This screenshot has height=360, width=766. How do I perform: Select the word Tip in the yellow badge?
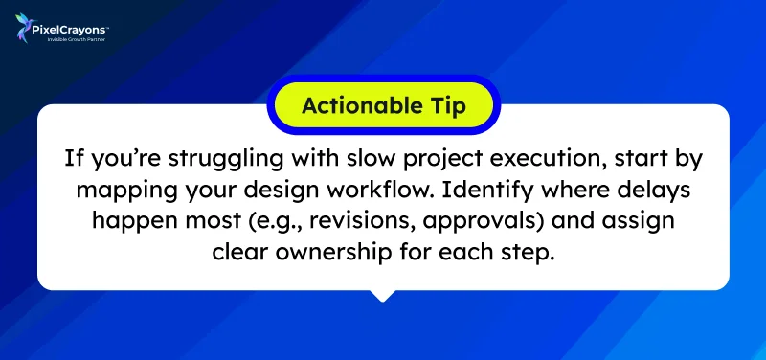point(448,105)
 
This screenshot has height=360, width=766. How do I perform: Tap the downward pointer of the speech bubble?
point(383,294)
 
